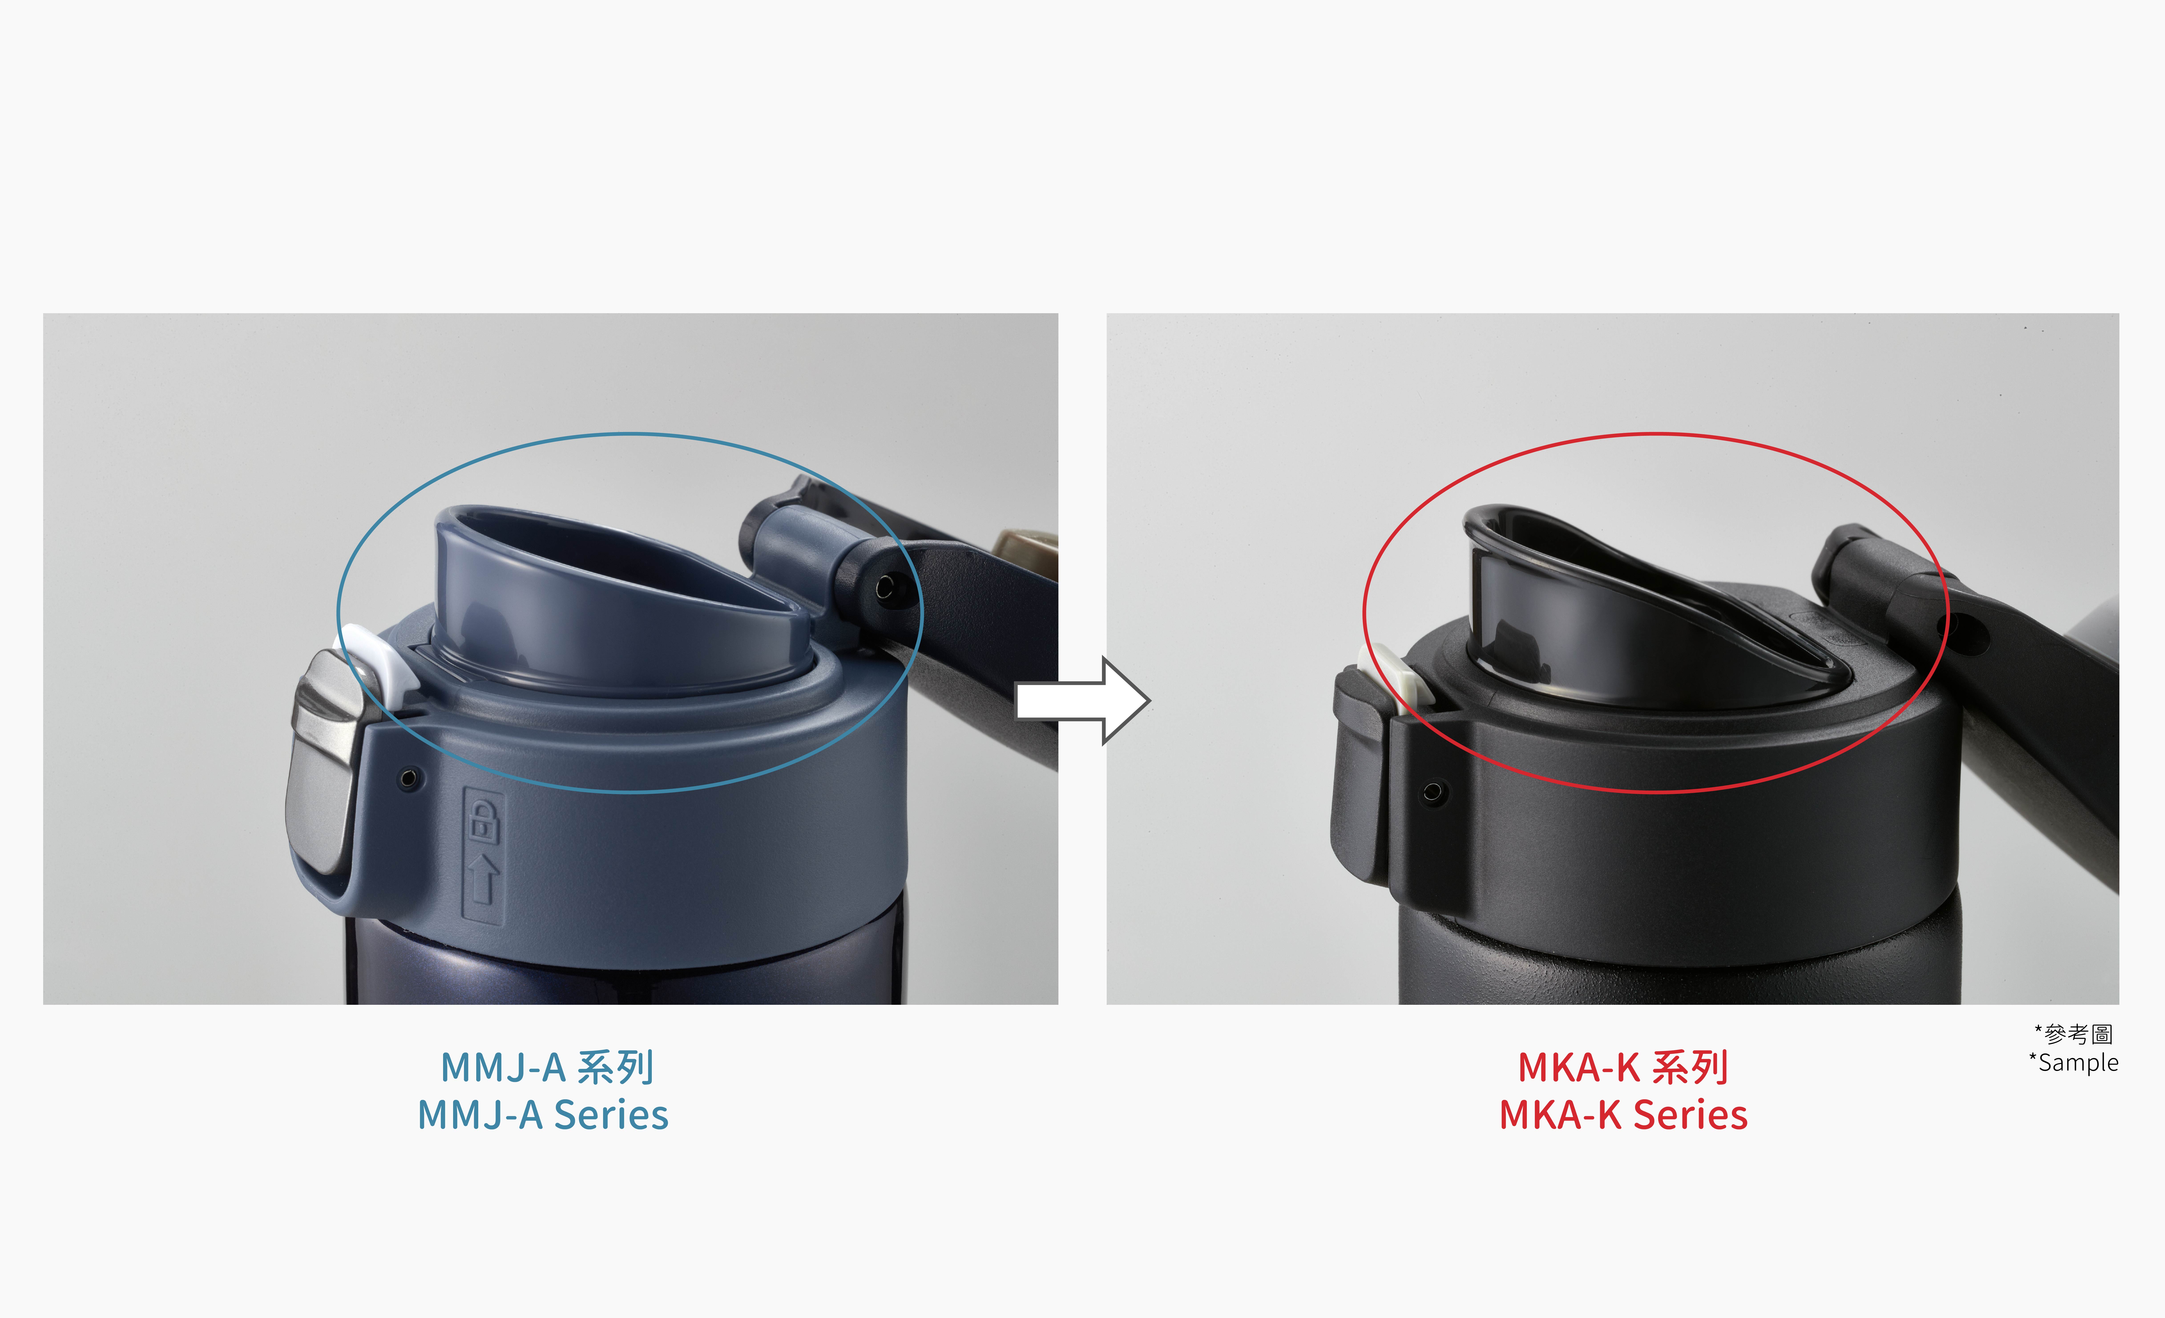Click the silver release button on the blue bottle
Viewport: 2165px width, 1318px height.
325,760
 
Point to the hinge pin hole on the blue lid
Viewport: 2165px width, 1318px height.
885,586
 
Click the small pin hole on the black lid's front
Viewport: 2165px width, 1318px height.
1432,793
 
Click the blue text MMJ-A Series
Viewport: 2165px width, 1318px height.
543,1114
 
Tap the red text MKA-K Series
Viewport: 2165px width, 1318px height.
1623,1114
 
